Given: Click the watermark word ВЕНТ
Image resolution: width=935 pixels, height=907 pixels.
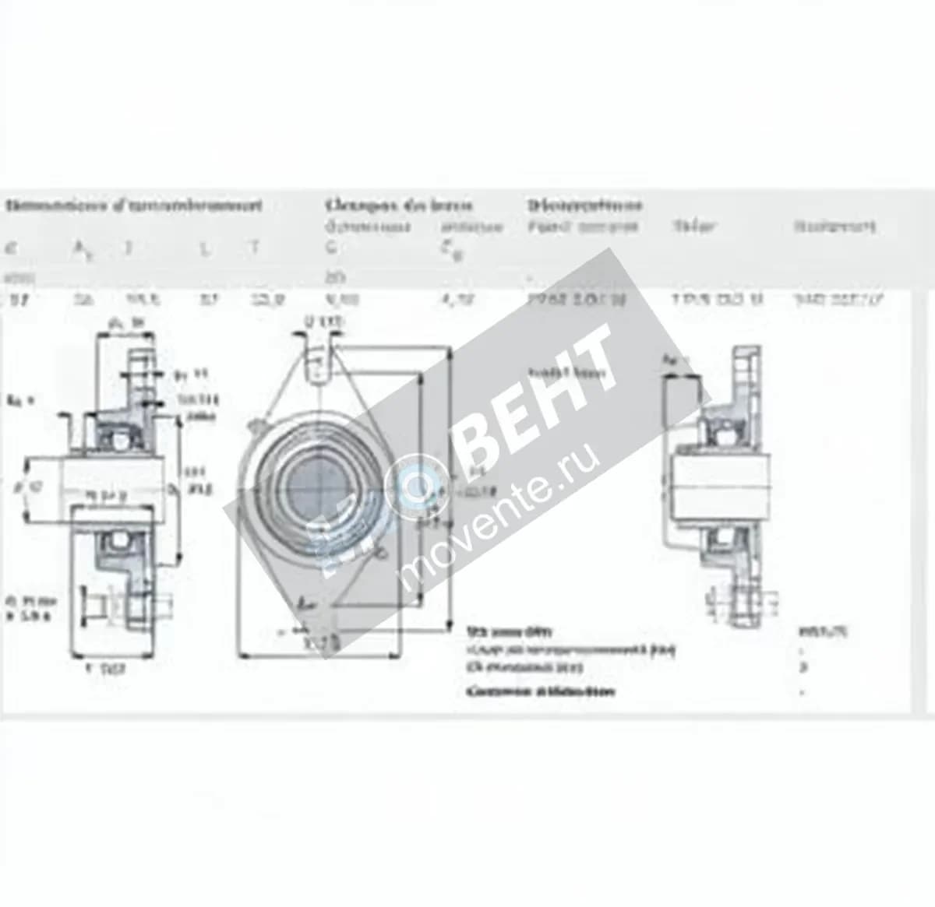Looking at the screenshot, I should (x=538, y=397).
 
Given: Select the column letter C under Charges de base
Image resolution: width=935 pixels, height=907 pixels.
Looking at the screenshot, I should (x=330, y=248).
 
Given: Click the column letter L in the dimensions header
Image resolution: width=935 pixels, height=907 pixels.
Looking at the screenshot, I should (x=204, y=248).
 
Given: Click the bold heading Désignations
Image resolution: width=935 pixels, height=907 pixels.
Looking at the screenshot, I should (x=584, y=206).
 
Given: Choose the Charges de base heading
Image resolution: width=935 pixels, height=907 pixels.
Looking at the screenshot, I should (x=398, y=206).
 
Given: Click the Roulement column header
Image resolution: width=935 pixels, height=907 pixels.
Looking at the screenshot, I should (x=834, y=227).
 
